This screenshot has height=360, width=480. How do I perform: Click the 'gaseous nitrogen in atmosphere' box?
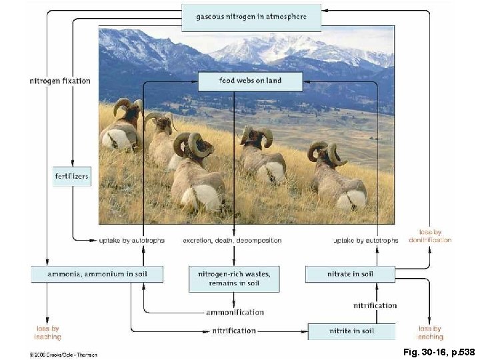(x=251, y=17)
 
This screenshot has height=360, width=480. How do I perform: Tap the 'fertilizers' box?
(x=71, y=177)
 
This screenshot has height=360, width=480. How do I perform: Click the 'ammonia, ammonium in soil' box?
(x=97, y=274)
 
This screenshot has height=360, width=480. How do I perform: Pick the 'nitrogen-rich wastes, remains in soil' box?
(x=233, y=279)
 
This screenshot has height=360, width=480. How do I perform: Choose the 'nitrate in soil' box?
(x=350, y=274)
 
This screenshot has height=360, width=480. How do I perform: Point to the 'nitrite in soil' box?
(x=351, y=331)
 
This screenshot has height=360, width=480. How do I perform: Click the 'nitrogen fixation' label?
(x=60, y=81)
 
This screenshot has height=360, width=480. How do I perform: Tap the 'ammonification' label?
(x=235, y=312)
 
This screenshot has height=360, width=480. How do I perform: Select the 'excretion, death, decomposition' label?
(x=232, y=241)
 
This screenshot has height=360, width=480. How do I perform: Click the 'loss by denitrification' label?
(x=430, y=236)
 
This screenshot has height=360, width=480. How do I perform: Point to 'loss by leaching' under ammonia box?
(x=47, y=333)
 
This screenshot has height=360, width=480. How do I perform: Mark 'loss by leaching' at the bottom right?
(x=430, y=333)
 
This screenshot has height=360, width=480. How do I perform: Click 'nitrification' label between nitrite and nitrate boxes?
(x=375, y=305)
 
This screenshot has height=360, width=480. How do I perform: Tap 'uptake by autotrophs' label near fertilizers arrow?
(x=131, y=241)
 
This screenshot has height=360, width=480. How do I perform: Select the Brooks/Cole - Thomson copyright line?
(x=63, y=355)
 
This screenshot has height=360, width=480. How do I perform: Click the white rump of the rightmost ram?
(x=352, y=198)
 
